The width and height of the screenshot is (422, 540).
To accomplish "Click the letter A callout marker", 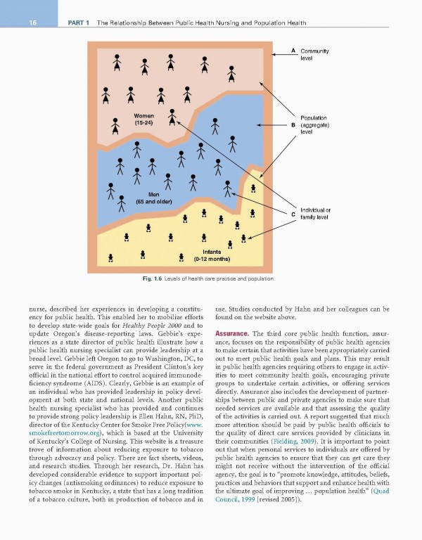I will pos(293,51).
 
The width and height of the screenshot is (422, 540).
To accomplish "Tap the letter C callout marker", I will pos(293,214).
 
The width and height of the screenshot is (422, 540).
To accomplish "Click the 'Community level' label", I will pos(314,55).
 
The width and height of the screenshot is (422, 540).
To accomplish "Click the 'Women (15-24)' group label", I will pos(143,119).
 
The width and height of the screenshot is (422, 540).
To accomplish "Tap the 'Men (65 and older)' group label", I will pos(154,198).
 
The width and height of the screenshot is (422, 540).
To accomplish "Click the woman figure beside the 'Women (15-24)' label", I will pos(114,125).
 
